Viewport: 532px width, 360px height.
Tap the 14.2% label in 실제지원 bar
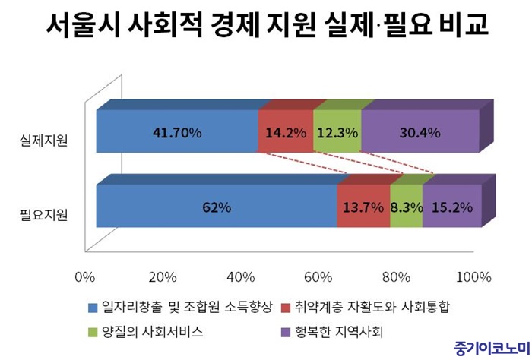pyautogui.click(x=284, y=132)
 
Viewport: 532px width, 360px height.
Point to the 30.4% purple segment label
pyautogui.click(x=420, y=132)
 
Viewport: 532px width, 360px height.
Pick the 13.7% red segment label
pyautogui.click(x=363, y=207)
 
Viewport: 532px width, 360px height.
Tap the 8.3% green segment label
pyautogui.click(x=406, y=207)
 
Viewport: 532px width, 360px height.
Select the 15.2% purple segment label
pyautogui.click(x=452, y=207)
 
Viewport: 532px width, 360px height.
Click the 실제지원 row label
pyautogui.click(x=43, y=141)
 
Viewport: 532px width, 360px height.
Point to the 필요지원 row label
pyautogui.click(x=43, y=214)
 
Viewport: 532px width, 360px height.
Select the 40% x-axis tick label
pyautogui.click(x=240, y=276)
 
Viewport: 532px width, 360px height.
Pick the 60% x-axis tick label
pyautogui.click(x=319, y=276)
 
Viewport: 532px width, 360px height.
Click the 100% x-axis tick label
pyautogui.click(x=473, y=276)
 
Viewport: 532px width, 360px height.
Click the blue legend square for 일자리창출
pyautogui.click(x=93, y=308)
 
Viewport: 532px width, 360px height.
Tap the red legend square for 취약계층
pyautogui.click(x=287, y=308)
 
